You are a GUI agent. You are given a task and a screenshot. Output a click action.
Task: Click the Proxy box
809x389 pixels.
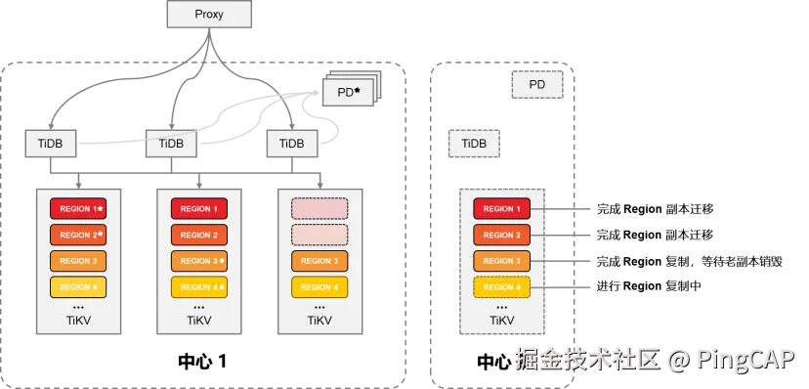[209, 15]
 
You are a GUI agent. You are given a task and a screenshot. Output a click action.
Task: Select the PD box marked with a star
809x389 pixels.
[348, 93]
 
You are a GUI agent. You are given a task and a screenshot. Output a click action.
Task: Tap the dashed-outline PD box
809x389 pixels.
[536, 85]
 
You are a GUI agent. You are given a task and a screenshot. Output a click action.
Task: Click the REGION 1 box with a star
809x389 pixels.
[77, 209]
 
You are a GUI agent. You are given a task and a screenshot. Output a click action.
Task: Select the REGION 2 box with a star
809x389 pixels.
[77, 236]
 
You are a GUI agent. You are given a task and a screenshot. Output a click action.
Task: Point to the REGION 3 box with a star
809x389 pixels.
[198, 262]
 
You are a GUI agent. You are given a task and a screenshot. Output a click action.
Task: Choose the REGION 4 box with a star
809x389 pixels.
[198, 287]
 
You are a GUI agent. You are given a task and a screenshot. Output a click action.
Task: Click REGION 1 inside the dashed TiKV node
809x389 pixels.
[501, 209]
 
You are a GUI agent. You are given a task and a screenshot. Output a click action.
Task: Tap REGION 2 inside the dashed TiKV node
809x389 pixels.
[501, 236]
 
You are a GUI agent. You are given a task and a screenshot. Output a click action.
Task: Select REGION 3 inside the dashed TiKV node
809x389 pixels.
[501, 261]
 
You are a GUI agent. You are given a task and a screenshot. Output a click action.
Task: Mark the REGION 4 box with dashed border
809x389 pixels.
[501, 287]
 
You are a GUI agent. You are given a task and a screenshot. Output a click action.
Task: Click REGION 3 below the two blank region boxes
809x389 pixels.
[319, 261]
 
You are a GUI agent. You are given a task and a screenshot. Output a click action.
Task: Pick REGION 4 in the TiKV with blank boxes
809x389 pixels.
[319, 287]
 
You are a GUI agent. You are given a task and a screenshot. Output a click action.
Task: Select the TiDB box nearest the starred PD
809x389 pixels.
[291, 144]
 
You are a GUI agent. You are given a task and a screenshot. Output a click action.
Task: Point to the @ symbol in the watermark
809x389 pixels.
[679, 360]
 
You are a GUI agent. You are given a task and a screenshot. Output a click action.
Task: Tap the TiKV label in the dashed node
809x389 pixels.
[501, 321]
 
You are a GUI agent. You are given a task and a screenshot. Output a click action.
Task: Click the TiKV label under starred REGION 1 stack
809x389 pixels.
[77, 321]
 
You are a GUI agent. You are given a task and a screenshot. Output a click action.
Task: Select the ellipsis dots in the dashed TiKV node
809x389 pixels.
[501, 306]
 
